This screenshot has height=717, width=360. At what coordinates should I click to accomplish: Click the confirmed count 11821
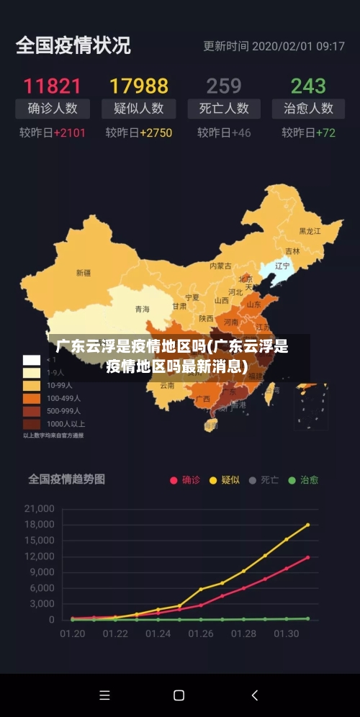coord(53,86)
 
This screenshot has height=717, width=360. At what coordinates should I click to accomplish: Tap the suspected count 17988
coord(138,86)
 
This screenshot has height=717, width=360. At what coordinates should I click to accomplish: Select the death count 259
coord(224,86)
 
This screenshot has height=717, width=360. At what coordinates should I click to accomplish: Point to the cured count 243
coord(308,86)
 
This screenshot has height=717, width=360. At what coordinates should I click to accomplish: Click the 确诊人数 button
coord(53,109)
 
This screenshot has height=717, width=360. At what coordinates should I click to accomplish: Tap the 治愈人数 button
coord(308,109)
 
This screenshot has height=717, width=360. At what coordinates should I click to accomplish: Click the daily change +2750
coord(156,132)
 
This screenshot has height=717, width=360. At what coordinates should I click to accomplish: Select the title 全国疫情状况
coord(73,45)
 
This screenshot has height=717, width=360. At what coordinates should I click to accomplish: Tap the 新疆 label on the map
coord(84,273)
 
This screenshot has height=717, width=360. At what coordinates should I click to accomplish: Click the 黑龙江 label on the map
coord(310,231)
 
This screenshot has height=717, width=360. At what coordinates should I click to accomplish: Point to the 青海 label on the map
coord(143,309)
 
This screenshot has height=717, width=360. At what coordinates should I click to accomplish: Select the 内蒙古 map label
coord(220,266)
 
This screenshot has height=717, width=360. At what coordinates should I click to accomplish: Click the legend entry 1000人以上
coord(65,424)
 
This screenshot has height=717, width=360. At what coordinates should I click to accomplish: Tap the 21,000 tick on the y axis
coord(40,508)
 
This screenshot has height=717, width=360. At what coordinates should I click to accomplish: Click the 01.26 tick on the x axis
coord(201,634)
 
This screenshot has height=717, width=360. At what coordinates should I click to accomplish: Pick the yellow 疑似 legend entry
coord(225,480)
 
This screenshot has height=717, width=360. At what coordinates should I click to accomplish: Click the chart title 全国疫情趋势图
coord(67,478)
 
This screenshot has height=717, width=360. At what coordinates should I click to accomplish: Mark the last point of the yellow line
coord(307,525)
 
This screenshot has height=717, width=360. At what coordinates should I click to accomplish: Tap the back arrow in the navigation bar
coord(254,695)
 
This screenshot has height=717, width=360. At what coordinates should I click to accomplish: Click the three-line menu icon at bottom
coord(104,695)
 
